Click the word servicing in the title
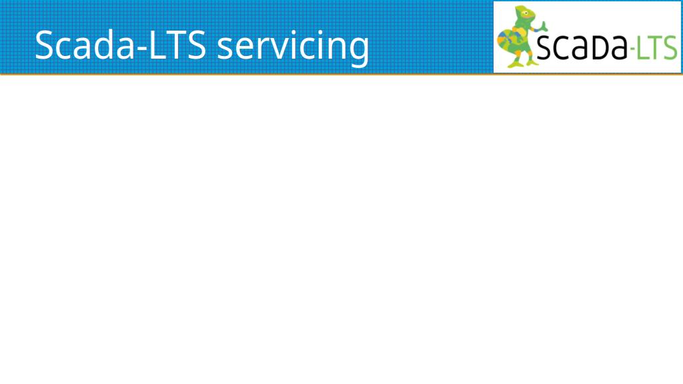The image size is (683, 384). tap(293, 48)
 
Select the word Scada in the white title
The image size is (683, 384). tap(85, 45)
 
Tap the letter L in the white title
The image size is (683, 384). tap(159, 45)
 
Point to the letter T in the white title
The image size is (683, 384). tap(177, 45)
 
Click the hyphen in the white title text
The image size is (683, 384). tap(142, 48)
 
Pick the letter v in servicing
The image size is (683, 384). tap(273, 48)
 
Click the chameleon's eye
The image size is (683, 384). tap(526, 13)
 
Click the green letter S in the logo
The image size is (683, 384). tap(670, 47)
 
